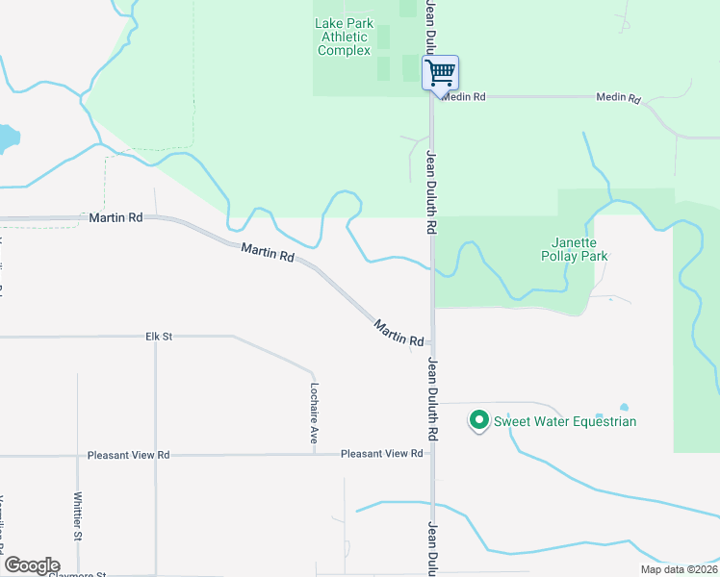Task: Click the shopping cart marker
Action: (x=440, y=72)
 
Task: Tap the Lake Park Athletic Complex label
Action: (x=344, y=37)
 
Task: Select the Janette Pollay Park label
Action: (x=581, y=249)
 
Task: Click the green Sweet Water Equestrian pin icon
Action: (x=478, y=420)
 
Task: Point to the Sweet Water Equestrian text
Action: (x=565, y=421)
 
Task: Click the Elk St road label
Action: (x=158, y=337)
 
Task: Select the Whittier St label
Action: (x=78, y=515)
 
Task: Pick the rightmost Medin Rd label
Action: (x=618, y=98)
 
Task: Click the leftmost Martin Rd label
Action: (x=116, y=218)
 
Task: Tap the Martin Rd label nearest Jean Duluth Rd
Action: (x=399, y=334)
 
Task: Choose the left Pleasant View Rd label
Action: (x=128, y=455)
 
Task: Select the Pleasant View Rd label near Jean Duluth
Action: (x=382, y=453)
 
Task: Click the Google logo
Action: (x=32, y=565)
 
